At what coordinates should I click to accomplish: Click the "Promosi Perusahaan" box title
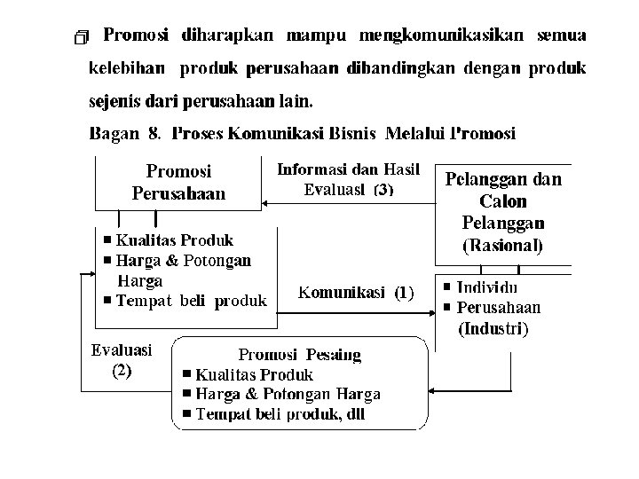pos(178,181)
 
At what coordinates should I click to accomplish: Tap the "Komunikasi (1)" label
pos(356,292)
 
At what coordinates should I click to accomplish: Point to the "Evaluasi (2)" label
pos(122,360)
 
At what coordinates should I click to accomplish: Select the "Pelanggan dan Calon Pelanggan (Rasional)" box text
pos(502,211)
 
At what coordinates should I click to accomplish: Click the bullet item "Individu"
pos(487,288)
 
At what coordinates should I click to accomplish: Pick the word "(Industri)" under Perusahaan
pos(493,329)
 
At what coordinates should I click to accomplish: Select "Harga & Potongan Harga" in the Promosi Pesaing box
pos(288,394)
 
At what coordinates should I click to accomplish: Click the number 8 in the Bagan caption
pos(154,134)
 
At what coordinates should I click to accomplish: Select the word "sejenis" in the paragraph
pos(113,101)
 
